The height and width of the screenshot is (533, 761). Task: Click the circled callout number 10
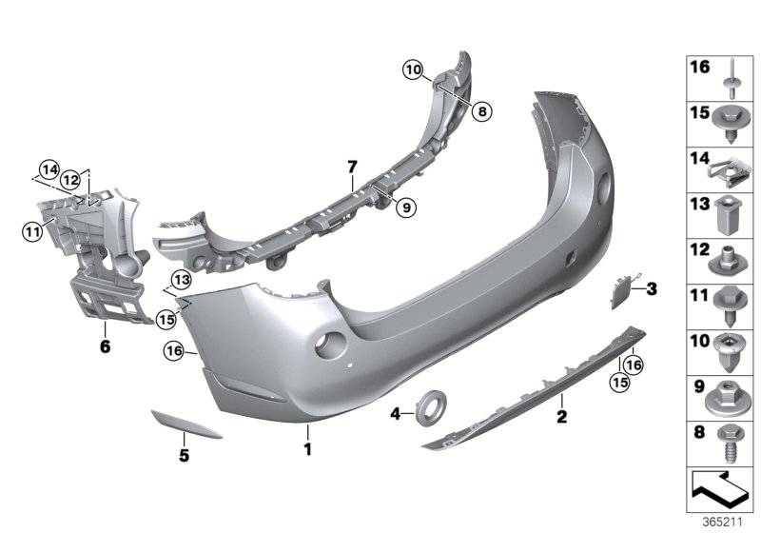point(411,69)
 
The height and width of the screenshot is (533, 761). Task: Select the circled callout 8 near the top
point(481,111)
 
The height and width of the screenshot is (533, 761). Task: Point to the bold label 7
point(352,167)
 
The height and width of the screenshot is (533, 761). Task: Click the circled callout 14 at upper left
point(48,171)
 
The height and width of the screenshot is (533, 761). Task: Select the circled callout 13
point(181,279)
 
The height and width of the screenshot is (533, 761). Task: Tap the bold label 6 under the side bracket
point(105,346)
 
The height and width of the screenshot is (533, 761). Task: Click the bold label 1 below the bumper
point(307,445)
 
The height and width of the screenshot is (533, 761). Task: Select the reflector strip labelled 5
point(186,424)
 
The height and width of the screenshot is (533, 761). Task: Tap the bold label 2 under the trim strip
point(561,416)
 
